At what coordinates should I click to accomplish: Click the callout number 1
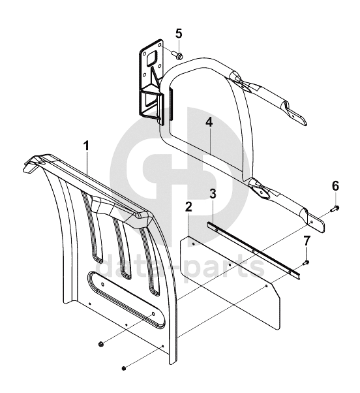tap(86, 146)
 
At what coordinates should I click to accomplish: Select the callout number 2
tap(188, 206)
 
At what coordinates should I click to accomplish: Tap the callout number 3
tap(213, 194)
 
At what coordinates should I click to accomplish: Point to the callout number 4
tap(209, 122)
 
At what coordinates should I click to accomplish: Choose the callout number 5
tap(179, 34)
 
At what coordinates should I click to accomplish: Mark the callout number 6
tap(335, 186)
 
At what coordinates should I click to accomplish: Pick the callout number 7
tap(307, 241)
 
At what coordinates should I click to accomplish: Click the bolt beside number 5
tap(177, 55)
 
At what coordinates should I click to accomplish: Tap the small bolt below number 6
tap(335, 208)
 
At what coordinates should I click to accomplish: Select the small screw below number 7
tap(307, 262)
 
